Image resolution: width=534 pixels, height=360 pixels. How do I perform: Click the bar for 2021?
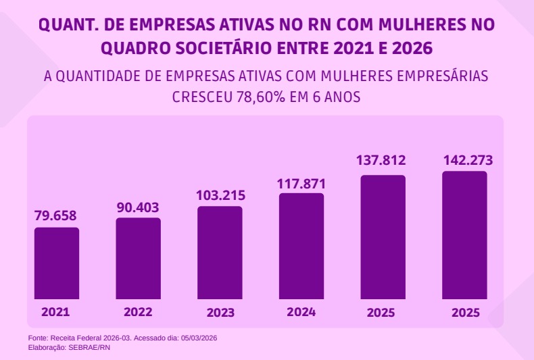(57, 263)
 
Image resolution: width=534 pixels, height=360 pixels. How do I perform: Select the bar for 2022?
(138, 259)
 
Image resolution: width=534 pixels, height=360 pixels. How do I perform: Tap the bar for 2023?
(220, 253)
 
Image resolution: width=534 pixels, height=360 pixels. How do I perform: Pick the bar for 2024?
(301, 247)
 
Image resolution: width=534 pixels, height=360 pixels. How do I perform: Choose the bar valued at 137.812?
(383, 237)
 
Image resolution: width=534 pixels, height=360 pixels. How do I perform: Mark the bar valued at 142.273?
(464, 235)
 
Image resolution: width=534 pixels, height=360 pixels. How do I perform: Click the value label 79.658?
(55, 216)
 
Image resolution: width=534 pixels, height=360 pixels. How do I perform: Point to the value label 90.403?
(139, 207)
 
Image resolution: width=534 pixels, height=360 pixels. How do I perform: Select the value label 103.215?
(220, 195)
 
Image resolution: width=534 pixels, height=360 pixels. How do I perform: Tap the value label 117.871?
(301, 183)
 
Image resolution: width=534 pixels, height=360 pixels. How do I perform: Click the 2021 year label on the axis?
(55, 312)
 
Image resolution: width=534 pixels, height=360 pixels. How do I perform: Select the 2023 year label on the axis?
(220, 313)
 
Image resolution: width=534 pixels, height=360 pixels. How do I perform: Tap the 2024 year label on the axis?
(301, 312)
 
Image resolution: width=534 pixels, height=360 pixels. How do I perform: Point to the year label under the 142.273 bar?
(466, 313)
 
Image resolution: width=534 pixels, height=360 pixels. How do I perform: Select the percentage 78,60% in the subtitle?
(260, 97)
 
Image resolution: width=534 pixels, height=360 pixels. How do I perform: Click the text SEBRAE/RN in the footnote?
(89, 347)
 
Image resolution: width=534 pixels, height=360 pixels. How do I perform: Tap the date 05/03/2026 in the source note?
(200, 338)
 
